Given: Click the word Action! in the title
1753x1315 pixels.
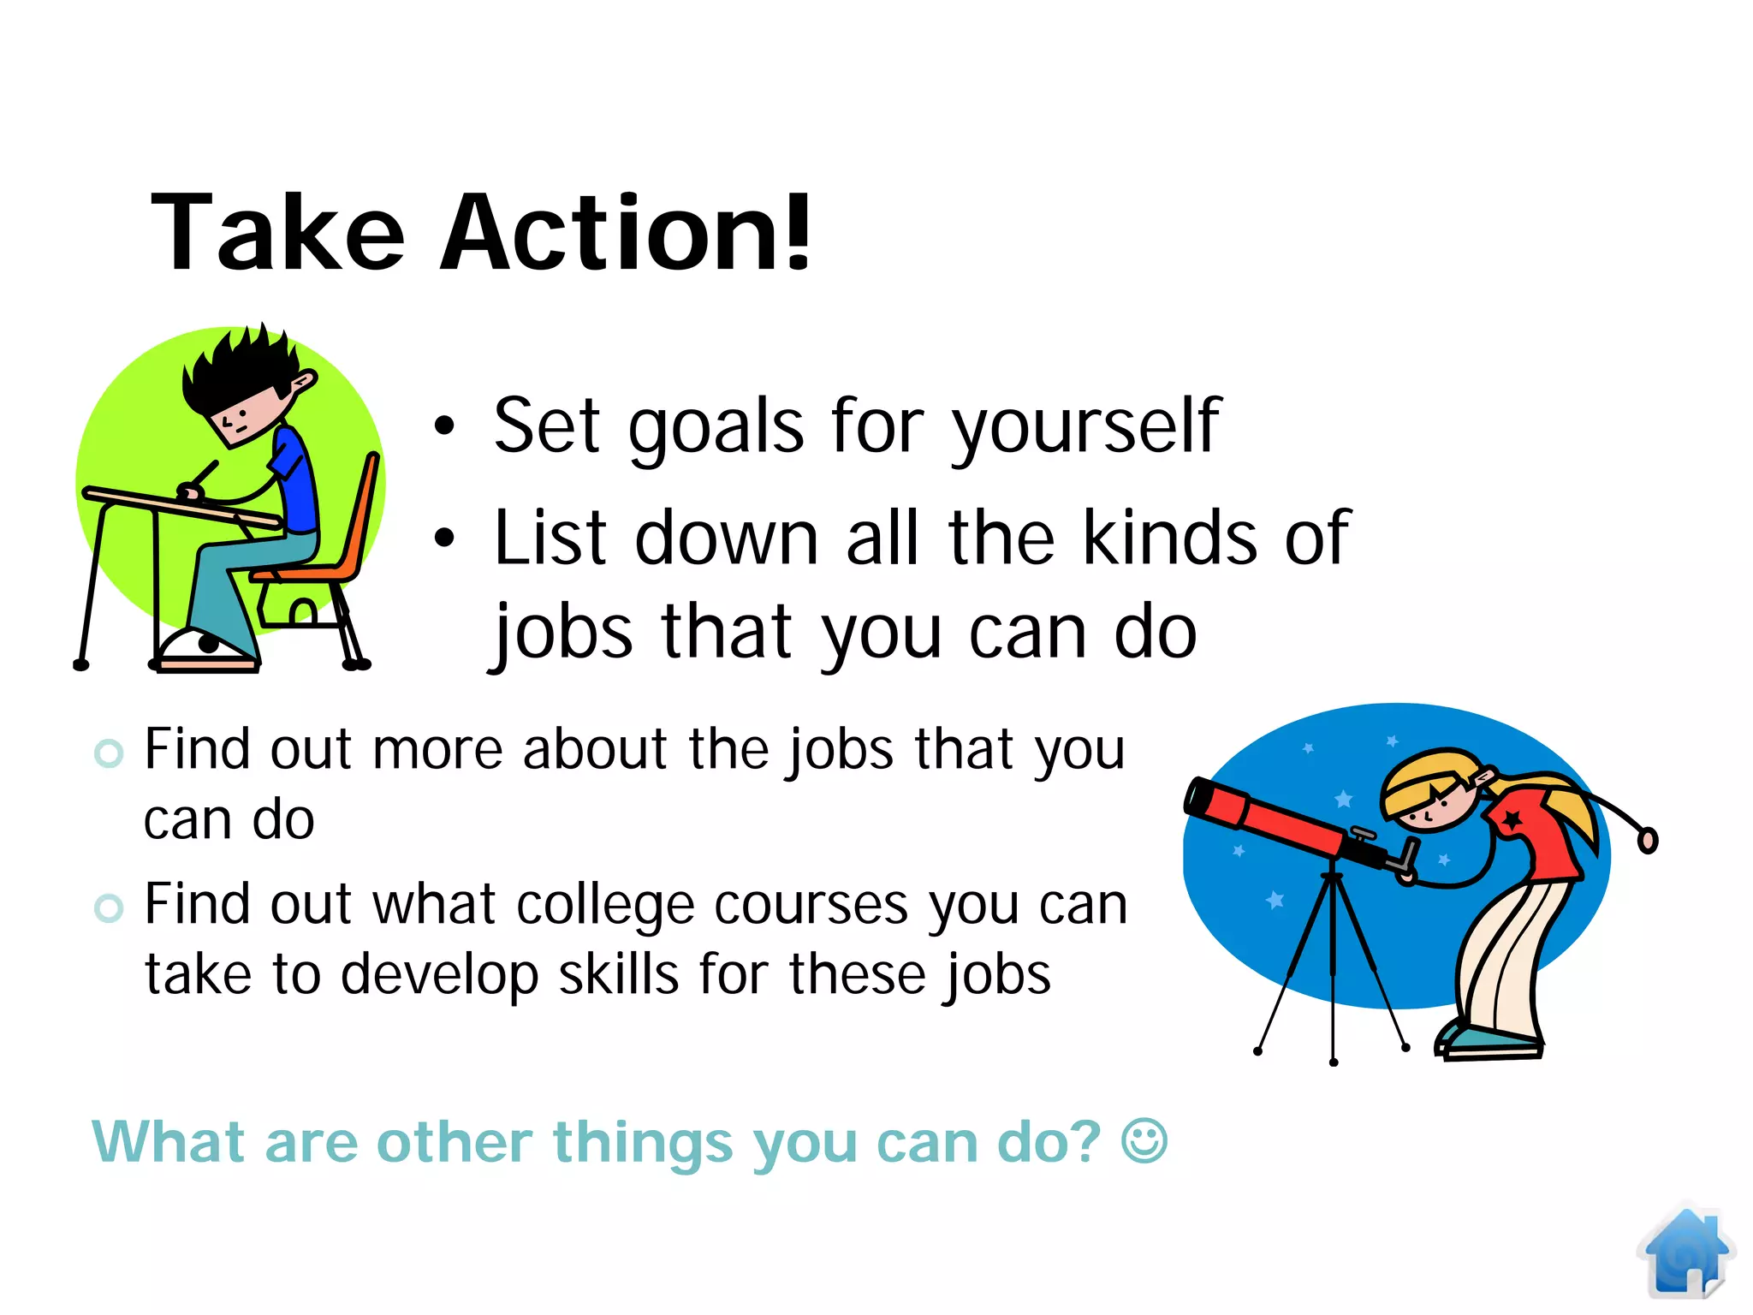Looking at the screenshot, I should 625,233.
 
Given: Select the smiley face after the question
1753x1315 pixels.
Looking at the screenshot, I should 1144,1141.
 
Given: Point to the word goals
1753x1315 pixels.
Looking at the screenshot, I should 716,426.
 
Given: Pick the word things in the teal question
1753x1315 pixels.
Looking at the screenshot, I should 643,1143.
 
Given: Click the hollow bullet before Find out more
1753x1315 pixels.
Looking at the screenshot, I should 109,753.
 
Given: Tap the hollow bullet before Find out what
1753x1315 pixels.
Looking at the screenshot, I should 109,907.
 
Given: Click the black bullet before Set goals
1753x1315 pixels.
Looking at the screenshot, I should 443,425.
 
